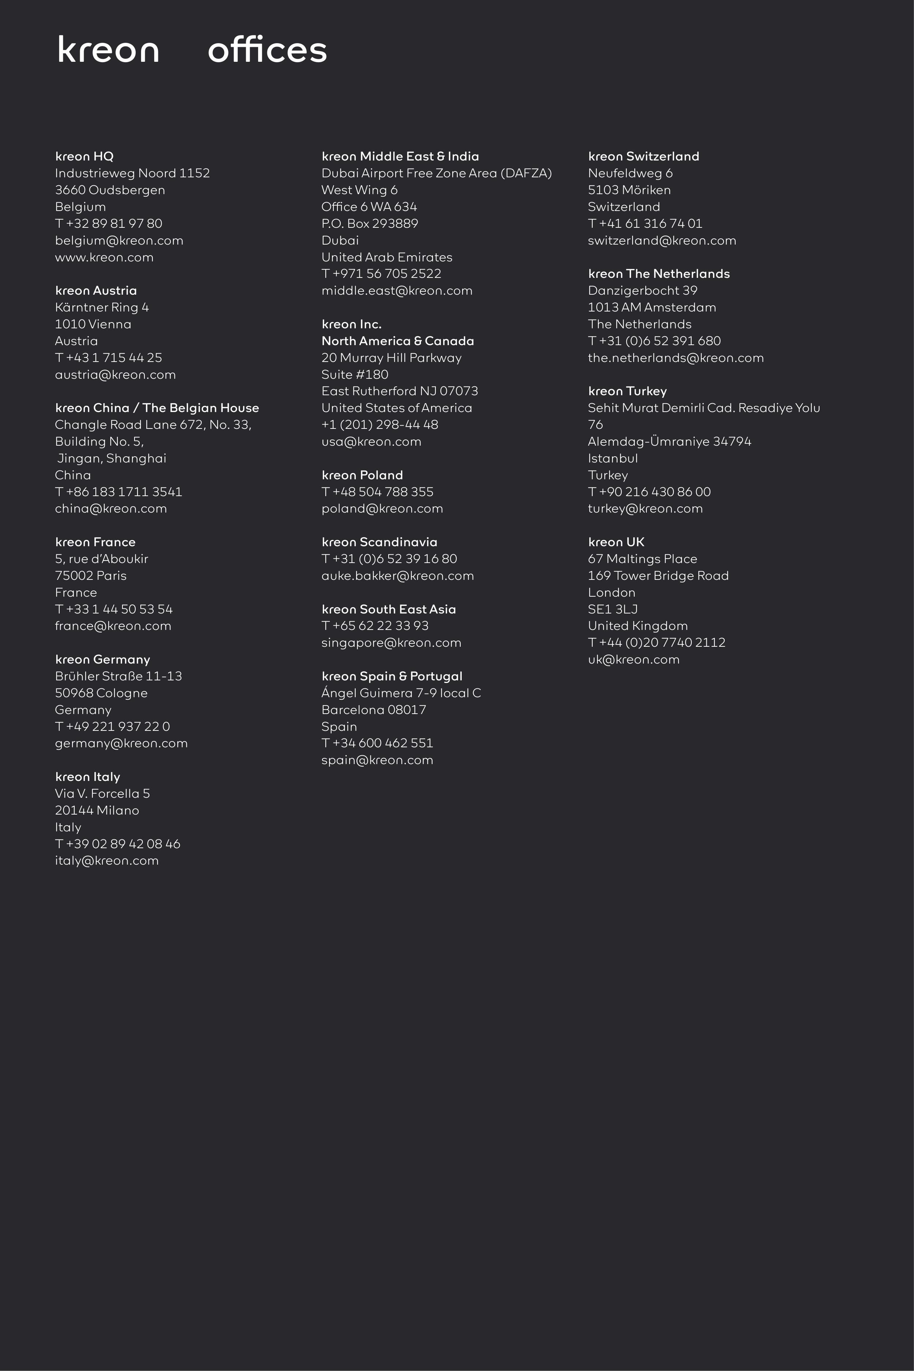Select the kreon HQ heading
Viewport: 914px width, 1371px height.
click(x=84, y=156)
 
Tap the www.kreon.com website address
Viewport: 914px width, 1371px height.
click(x=104, y=257)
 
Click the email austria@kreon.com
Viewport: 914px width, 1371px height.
click(x=116, y=375)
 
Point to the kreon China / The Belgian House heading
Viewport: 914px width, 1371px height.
click(x=157, y=408)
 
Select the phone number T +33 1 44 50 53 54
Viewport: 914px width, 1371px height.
click(x=114, y=609)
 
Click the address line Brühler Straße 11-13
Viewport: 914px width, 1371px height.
click(x=118, y=676)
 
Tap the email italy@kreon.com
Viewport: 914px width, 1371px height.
click(x=107, y=861)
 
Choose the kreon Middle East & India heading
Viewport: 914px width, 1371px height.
click(x=400, y=156)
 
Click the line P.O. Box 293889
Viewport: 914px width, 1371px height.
click(x=370, y=223)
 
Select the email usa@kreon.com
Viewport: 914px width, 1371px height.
click(x=371, y=442)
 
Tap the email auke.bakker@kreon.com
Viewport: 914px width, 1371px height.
click(x=397, y=576)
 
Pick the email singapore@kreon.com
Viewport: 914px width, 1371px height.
click(x=391, y=643)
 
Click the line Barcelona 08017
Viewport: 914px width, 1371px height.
click(x=374, y=710)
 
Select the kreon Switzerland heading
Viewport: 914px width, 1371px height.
click(x=643, y=156)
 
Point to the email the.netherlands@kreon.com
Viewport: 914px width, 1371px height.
click(x=676, y=358)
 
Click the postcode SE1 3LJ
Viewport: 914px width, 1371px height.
click(x=613, y=609)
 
